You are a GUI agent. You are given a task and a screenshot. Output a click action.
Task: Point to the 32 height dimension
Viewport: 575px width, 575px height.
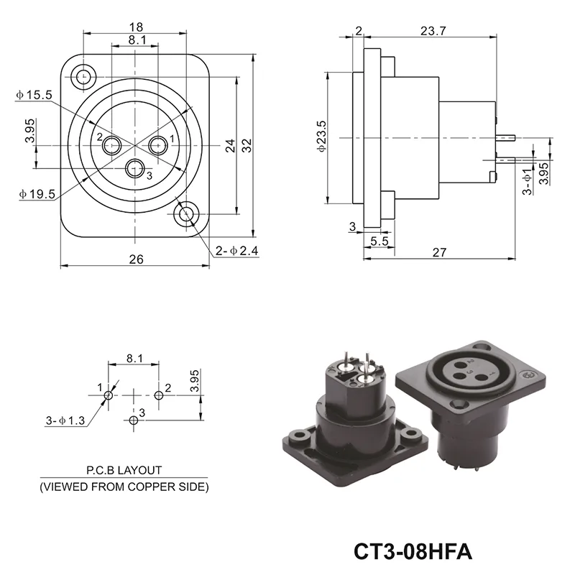[247, 145]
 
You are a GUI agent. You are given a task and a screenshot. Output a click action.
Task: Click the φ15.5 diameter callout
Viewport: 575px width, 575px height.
[33, 94]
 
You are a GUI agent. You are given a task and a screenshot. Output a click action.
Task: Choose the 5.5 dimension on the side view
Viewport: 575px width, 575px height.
[380, 241]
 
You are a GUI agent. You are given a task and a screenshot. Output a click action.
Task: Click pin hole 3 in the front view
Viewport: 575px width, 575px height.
[134, 169]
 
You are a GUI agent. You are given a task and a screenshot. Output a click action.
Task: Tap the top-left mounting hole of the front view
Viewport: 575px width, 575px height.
[85, 75]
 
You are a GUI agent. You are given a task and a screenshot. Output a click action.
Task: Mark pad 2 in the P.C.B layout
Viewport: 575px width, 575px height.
[159, 395]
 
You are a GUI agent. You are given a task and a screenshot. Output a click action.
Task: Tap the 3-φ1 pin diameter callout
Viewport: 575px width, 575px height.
[527, 180]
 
